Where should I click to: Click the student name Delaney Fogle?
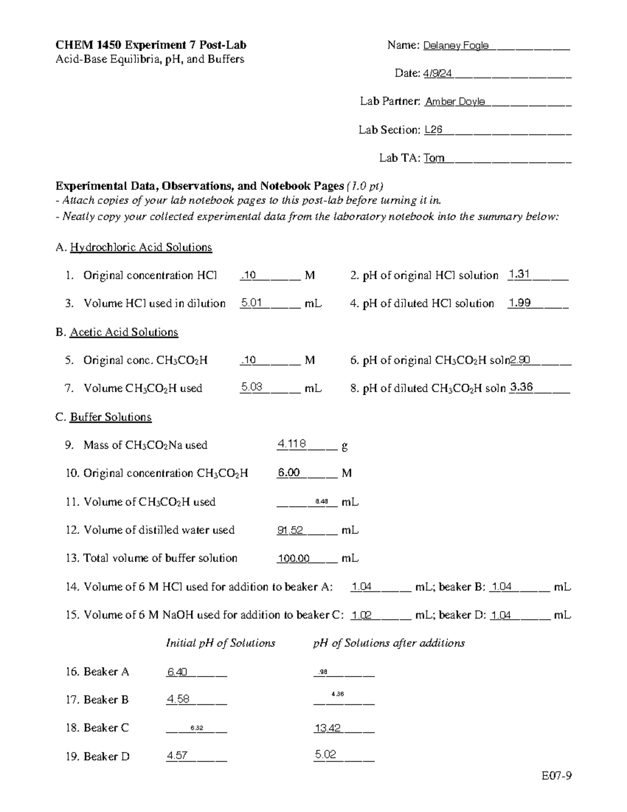(456, 45)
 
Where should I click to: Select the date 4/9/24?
(437, 74)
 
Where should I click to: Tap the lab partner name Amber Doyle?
(455, 101)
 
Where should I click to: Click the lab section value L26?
(433, 130)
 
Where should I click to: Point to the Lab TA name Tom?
(434, 158)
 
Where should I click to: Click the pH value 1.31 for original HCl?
(519, 274)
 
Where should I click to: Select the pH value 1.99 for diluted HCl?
(519, 303)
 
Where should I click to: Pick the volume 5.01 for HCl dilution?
(251, 303)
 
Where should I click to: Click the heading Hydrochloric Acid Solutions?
(141, 247)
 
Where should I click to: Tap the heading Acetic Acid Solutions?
(124, 332)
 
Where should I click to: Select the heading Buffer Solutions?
(111, 417)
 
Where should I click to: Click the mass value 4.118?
(292, 444)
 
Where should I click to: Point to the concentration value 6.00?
(288, 473)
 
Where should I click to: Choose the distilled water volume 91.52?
(290, 530)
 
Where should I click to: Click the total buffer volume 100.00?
(293, 558)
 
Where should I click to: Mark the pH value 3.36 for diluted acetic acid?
(521, 387)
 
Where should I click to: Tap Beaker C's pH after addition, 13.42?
(328, 728)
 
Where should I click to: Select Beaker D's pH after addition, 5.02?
(326, 754)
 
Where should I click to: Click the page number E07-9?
(556, 776)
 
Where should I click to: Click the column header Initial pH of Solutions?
(220, 643)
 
